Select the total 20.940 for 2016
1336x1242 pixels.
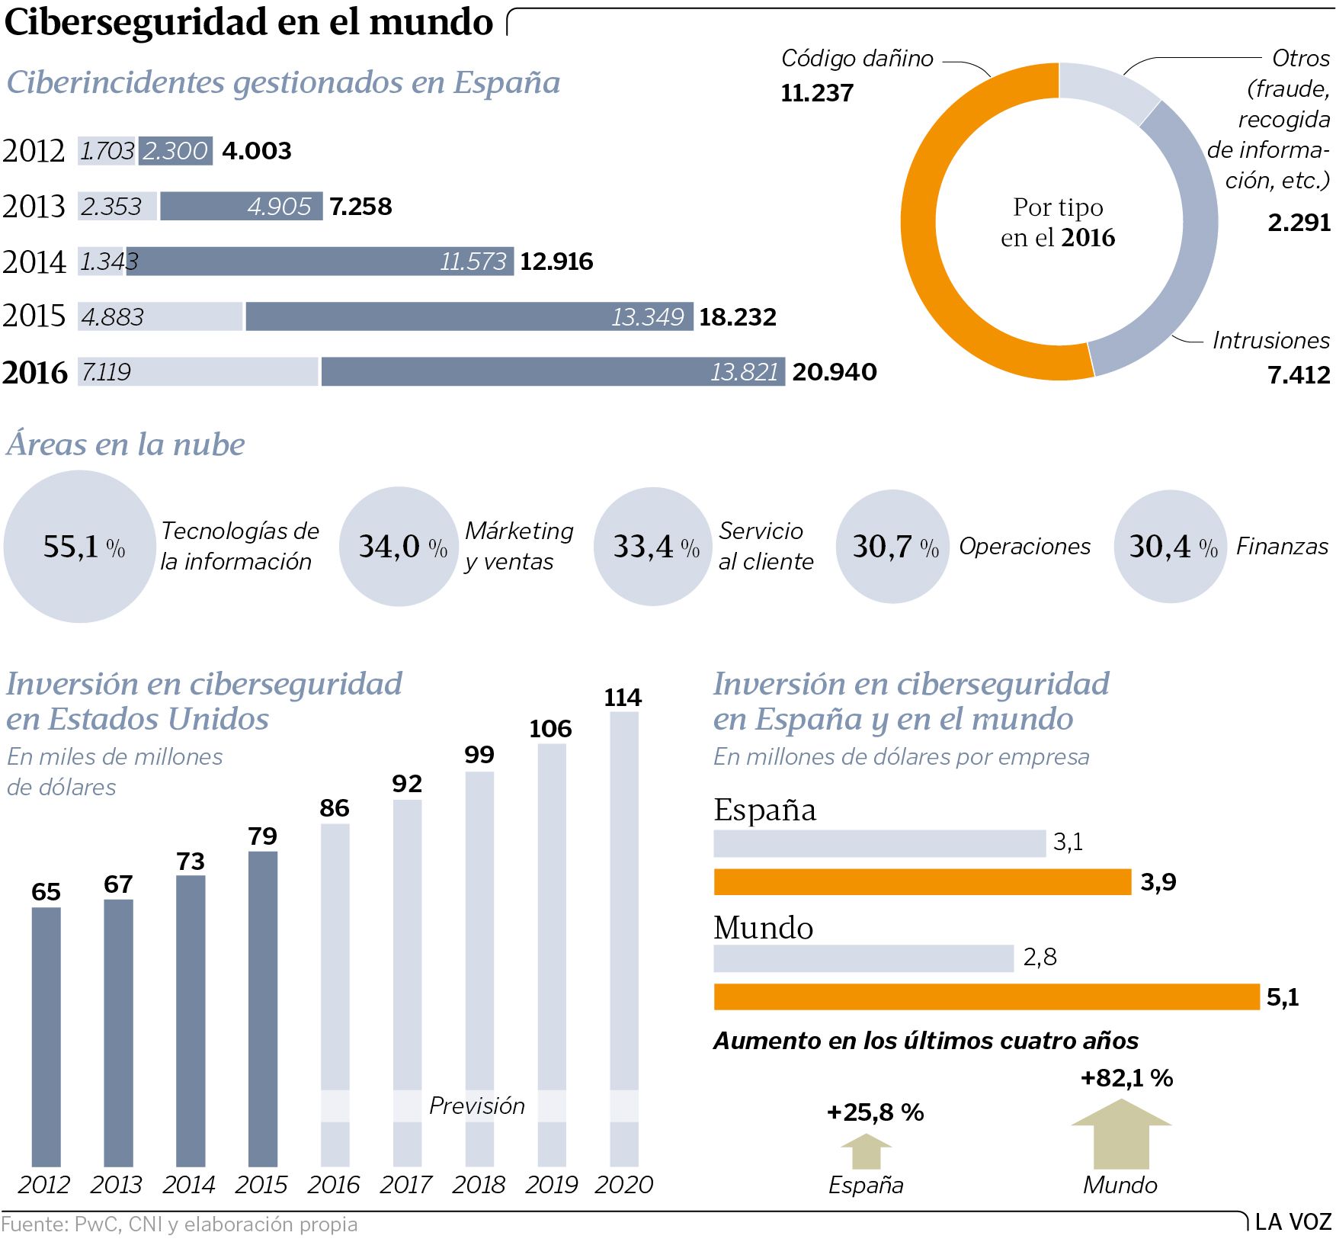click(x=835, y=372)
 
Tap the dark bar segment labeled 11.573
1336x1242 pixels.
click(x=320, y=262)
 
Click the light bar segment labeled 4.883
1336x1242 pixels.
click(x=160, y=316)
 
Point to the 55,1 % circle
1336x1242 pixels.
click(x=79, y=547)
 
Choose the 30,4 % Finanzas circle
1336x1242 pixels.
click(x=1171, y=547)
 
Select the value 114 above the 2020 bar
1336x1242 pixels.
click(x=623, y=698)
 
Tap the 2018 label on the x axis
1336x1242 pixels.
click(x=479, y=1185)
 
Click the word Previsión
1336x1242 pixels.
click(x=477, y=1106)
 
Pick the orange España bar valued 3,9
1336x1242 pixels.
click(x=922, y=882)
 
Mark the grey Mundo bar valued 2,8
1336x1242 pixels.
click(x=863, y=958)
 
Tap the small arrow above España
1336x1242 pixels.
click(x=866, y=1151)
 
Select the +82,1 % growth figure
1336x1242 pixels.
click(x=1126, y=1078)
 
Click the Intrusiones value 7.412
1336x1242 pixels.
click(x=1299, y=375)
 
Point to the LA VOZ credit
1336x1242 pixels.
click(x=1293, y=1222)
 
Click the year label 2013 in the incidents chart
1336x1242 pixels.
click(x=34, y=207)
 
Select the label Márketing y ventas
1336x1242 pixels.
click(x=519, y=546)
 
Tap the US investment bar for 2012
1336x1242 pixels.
click(x=46, y=1037)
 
